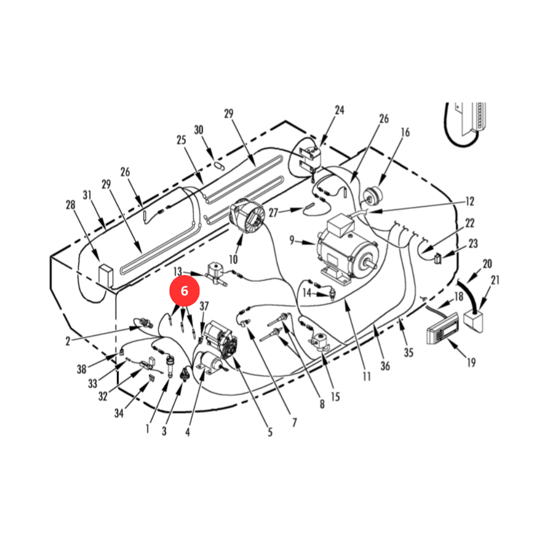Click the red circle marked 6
point(184,291)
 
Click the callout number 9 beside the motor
point(292,240)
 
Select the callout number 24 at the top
point(339,110)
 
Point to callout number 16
point(405,132)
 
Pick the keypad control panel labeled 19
point(442,328)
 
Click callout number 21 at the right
point(495,280)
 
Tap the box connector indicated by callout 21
point(473,321)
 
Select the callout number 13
point(178,271)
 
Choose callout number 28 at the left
point(70,205)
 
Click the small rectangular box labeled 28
point(105,275)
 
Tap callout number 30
point(198,130)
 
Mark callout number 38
point(81,369)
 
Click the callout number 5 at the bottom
point(270,432)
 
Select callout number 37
point(204,306)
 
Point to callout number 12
point(470,201)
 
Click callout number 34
point(119,413)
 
